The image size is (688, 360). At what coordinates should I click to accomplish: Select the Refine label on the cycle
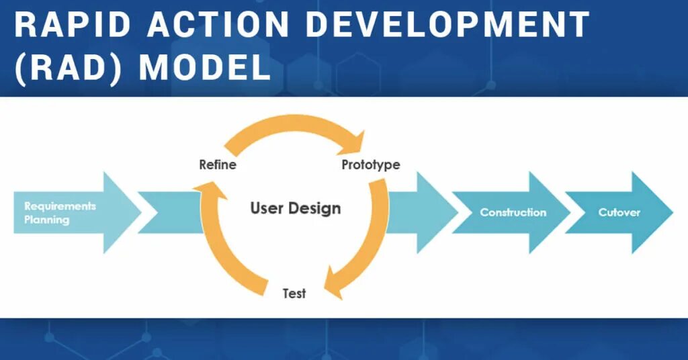218,165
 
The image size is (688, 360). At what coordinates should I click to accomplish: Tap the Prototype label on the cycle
370,165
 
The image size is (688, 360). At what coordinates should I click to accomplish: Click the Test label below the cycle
294,294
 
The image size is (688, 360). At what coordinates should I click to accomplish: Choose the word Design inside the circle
315,208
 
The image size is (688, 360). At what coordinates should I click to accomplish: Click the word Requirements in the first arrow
60,206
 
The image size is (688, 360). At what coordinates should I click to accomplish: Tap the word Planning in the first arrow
46,220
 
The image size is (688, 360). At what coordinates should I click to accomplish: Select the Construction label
513,212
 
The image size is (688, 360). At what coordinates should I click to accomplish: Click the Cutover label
619,212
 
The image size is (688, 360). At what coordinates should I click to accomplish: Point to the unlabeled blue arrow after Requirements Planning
168,212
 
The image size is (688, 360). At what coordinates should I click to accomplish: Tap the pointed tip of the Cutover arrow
670,212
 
